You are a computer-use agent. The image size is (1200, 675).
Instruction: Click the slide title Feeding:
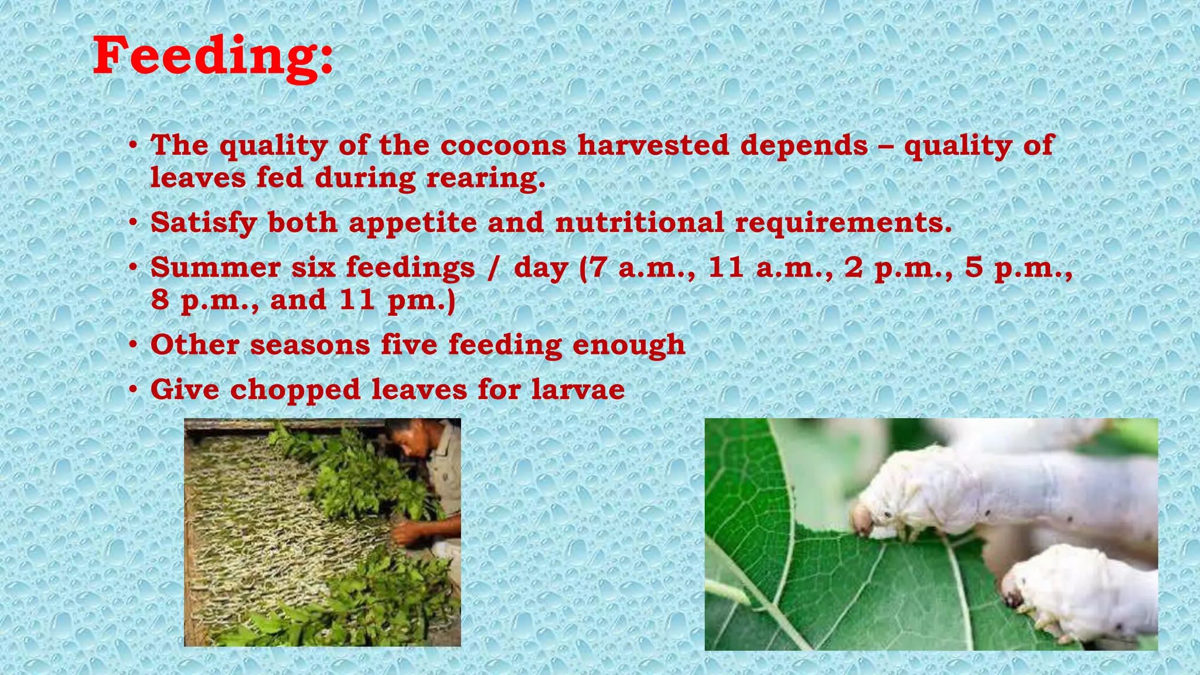coord(213,56)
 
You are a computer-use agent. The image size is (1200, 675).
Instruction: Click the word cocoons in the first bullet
coord(503,145)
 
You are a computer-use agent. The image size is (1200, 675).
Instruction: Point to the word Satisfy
coord(203,223)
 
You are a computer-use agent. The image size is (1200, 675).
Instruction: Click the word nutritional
coord(639,223)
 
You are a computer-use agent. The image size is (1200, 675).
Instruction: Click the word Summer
coord(215,268)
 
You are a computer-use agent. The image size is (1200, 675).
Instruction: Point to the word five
coord(409,345)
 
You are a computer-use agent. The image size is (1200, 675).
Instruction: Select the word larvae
coord(578,390)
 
